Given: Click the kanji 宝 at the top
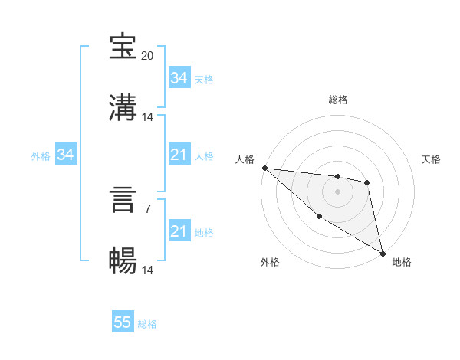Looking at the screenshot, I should [123, 47].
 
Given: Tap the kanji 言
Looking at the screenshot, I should [123, 200].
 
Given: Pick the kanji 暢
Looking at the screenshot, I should [123, 261].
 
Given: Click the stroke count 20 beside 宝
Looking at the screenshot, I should [148, 55].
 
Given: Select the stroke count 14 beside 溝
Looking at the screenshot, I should [148, 116].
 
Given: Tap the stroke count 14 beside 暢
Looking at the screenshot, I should [148, 270].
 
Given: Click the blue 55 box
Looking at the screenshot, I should [123, 322].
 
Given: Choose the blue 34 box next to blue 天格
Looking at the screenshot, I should [179, 78].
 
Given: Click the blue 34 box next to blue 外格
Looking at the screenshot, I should [65, 155].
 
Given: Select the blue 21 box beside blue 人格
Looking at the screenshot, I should [179, 155].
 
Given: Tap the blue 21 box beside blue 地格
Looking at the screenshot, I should [179, 231].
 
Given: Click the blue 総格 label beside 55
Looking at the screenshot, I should [147, 323].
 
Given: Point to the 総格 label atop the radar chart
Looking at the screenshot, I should [337, 100].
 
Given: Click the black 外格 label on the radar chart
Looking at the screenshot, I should [270, 262].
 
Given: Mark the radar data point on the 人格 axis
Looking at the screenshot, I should [264, 168].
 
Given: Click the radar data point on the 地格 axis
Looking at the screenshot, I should [383, 252].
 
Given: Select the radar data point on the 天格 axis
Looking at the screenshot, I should [367, 182].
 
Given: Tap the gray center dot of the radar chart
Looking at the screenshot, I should [337, 191].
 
